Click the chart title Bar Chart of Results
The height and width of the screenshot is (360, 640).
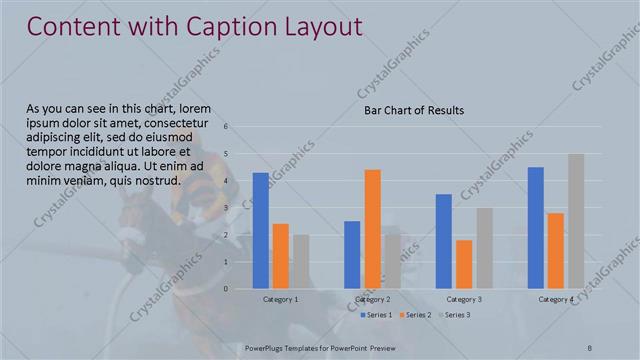(413, 110)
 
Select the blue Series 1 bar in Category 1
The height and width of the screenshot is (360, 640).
(261, 231)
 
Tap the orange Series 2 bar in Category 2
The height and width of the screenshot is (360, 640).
(372, 229)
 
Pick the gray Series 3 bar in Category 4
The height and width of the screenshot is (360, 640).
(576, 221)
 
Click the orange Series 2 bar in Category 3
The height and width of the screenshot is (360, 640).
(464, 264)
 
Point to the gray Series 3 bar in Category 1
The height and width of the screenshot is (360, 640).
(301, 262)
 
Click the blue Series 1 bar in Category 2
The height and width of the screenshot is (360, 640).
(352, 255)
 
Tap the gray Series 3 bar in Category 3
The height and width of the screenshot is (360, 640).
(484, 248)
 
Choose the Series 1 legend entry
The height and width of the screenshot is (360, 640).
(377, 316)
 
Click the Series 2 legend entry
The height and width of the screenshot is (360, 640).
(418, 316)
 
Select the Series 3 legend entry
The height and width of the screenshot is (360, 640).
(457, 316)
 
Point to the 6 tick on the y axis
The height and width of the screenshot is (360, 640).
(227, 126)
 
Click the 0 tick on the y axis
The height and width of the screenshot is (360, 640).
(227, 289)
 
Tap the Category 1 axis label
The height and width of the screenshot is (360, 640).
(281, 299)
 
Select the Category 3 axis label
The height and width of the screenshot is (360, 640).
(464, 299)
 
